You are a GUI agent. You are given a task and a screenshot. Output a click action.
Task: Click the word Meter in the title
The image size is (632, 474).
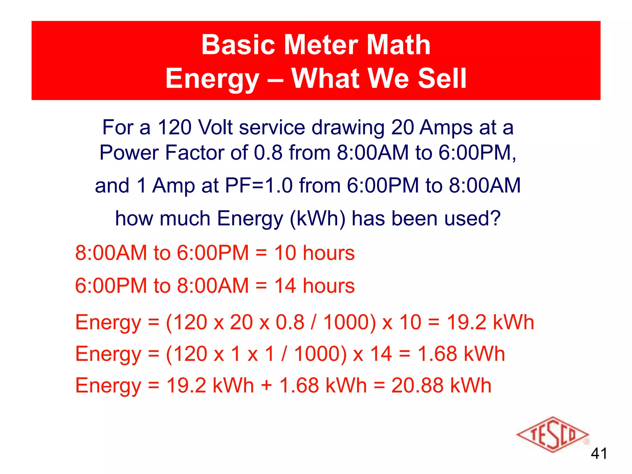pyautogui.click(x=321, y=45)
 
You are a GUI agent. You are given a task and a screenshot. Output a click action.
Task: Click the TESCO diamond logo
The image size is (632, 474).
pyautogui.click(x=552, y=434)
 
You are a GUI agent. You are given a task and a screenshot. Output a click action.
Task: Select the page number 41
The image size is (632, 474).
pyautogui.click(x=599, y=454)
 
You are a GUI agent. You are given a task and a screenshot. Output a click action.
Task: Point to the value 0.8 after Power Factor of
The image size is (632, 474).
pyautogui.click(x=268, y=152)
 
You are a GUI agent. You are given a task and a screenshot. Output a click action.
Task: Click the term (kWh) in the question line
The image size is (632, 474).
pyautogui.click(x=318, y=219)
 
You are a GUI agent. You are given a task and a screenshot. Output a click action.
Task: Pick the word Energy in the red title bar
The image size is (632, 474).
pyautogui.click(x=212, y=79)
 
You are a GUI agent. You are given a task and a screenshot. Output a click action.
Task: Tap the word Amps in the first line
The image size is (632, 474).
pyautogui.click(x=446, y=127)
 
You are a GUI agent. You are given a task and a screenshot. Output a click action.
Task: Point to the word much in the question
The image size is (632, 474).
pyautogui.click(x=185, y=219)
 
